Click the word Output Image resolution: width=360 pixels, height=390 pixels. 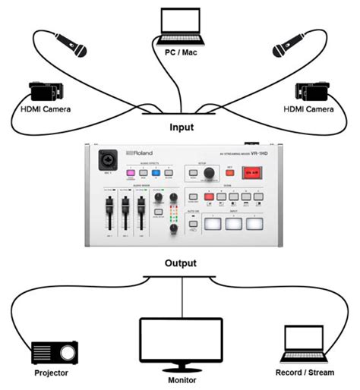[x=180, y=263]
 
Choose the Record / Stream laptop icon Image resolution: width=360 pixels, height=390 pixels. [x=305, y=343]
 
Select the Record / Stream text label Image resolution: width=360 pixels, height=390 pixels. [x=305, y=373]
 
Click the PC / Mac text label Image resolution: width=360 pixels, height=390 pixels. [x=182, y=52]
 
